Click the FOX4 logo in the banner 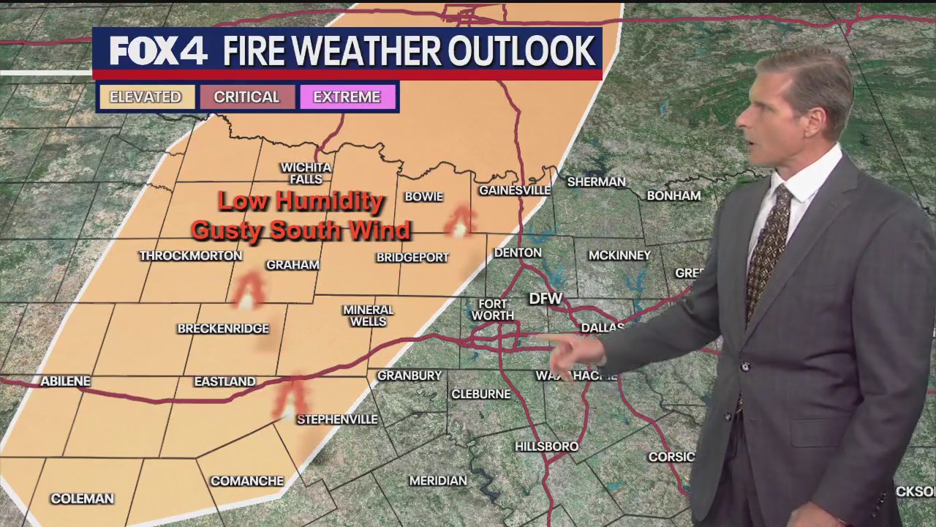(x=158, y=51)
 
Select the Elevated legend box (x=146, y=97)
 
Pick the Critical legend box (x=246, y=97)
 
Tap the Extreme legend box (x=347, y=97)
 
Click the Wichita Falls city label (x=306, y=173)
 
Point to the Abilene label (x=65, y=381)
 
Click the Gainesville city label (x=515, y=190)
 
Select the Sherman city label (x=596, y=182)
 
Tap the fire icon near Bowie (x=460, y=222)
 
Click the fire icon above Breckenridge (x=248, y=291)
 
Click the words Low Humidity (x=301, y=201)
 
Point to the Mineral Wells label (x=368, y=315)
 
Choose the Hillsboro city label (x=546, y=446)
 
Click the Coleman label (x=82, y=498)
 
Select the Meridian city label (x=437, y=481)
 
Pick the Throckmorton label (x=190, y=255)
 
